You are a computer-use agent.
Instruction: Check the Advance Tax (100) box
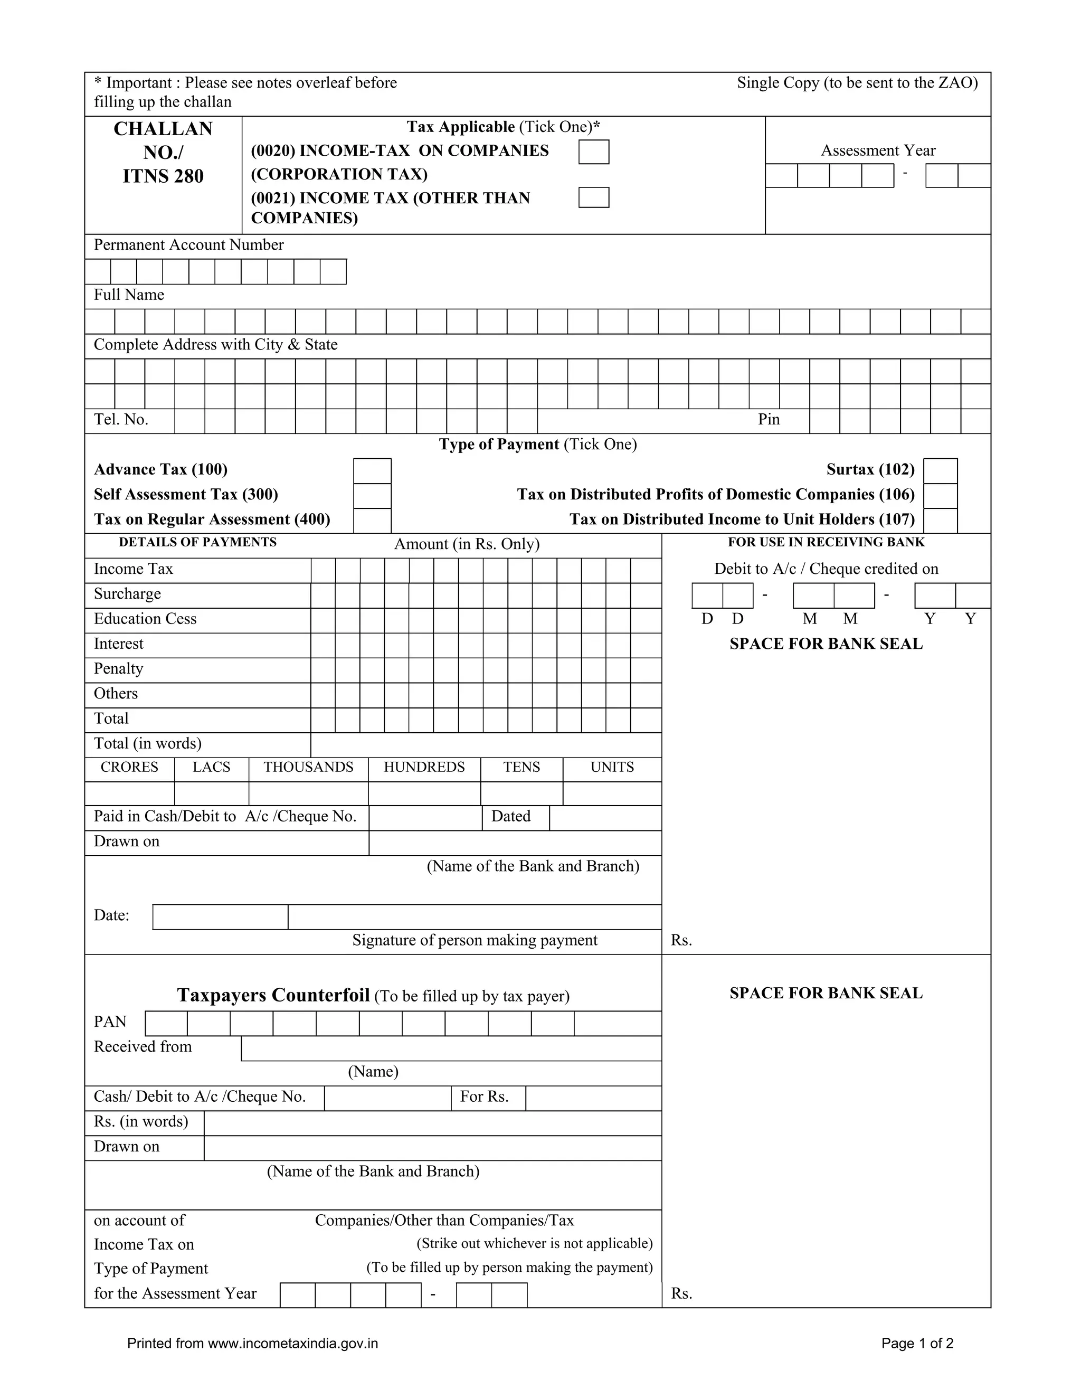pyautogui.click(x=372, y=471)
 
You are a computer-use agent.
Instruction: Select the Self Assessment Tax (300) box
pyautogui.click(x=372, y=496)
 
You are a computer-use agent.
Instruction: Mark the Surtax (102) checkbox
pyautogui.click(x=940, y=471)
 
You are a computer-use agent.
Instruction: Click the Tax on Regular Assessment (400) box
pyautogui.click(x=372, y=520)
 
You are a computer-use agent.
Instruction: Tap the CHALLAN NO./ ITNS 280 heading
pyautogui.click(x=163, y=153)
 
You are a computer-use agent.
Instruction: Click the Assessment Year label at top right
pyautogui.click(x=877, y=150)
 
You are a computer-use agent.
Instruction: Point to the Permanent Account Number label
pyautogui.click(x=188, y=245)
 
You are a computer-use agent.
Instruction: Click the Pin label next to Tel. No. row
pyautogui.click(x=769, y=420)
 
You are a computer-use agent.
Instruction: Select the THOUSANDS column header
pyautogui.click(x=308, y=768)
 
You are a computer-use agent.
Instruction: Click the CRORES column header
pyautogui.click(x=129, y=768)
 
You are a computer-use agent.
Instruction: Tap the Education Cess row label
pyautogui.click(x=145, y=619)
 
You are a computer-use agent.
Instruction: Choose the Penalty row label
pyautogui.click(x=118, y=669)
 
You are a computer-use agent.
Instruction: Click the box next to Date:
pyautogui.click(x=220, y=916)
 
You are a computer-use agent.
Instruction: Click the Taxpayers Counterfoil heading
pyautogui.click(x=273, y=995)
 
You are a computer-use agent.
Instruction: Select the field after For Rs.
pyautogui.click(x=593, y=1098)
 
